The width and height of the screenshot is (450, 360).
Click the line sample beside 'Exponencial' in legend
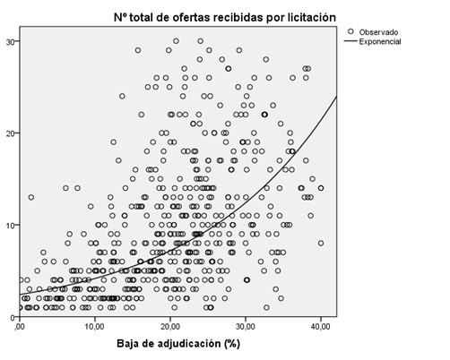pos(351,41)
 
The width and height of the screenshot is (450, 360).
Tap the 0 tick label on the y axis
pos(12,318)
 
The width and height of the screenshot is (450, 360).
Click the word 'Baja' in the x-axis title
pos(128,345)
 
